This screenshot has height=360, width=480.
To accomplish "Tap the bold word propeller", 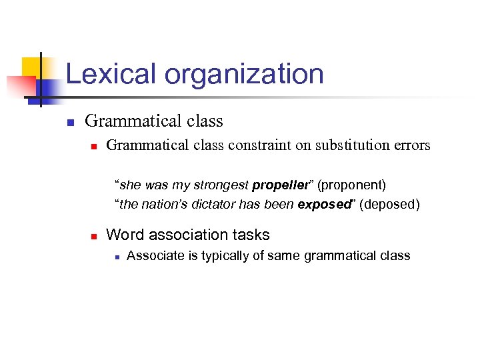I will (x=280, y=184).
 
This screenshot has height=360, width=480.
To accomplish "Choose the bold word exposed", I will (x=323, y=204).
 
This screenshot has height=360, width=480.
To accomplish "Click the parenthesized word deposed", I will (x=390, y=204).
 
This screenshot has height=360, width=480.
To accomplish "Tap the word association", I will (x=193, y=235).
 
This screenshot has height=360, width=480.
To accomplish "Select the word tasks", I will (x=253, y=235).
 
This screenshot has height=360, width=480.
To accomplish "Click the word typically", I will (x=211, y=255).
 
